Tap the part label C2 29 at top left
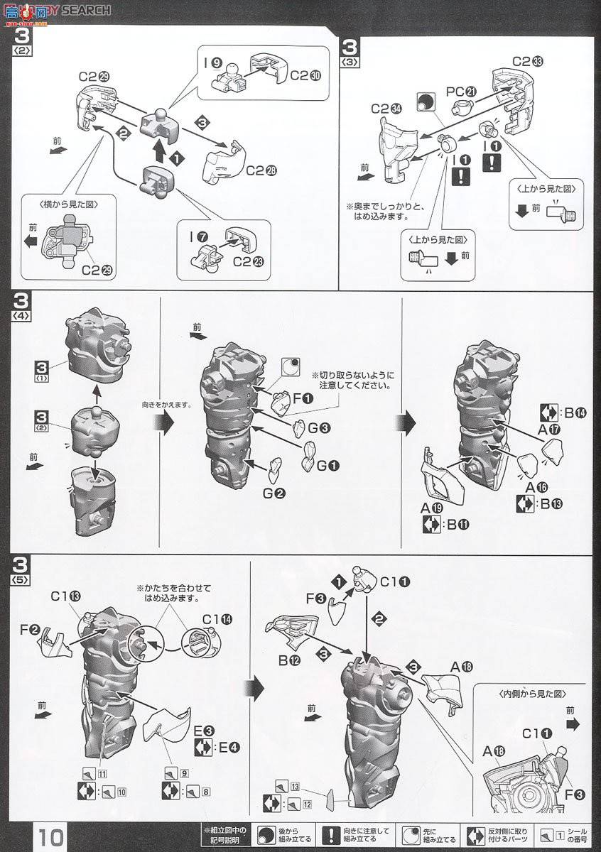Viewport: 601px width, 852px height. (x=92, y=77)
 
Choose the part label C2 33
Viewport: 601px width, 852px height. (x=527, y=60)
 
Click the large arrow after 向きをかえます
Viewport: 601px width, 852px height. (x=165, y=424)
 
